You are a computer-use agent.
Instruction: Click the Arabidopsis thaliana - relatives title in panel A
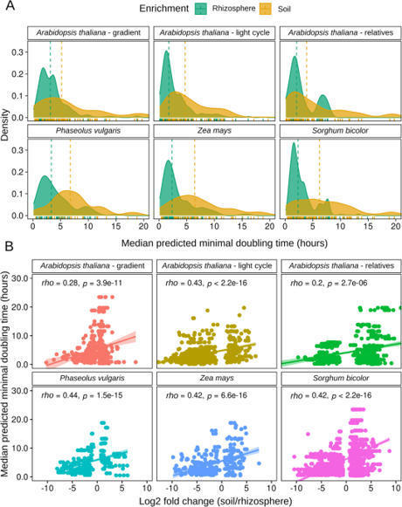338,33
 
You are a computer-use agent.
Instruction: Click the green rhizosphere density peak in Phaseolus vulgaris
44,178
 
